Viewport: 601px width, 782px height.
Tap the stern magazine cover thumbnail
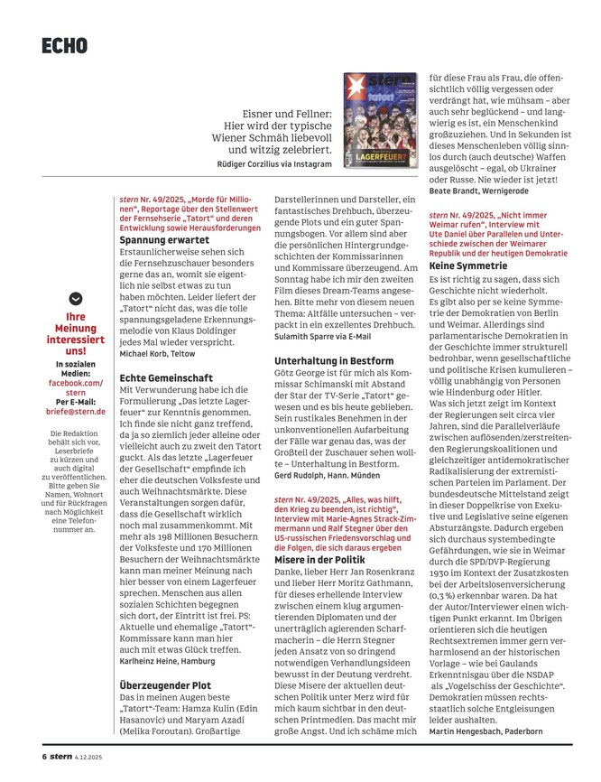tap(380, 121)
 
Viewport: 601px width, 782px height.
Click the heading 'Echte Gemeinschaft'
tap(166, 379)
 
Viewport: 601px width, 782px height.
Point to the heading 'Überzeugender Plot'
tap(166, 685)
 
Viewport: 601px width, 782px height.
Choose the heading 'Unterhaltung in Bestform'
tap(334, 361)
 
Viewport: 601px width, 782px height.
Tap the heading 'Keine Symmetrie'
tap(467, 267)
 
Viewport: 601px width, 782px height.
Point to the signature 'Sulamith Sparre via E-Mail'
tap(322, 336)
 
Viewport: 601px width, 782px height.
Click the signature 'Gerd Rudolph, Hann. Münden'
tap(328, 474)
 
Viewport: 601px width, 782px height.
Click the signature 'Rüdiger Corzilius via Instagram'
tap(275, 164)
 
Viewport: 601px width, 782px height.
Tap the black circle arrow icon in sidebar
tap(75, 297)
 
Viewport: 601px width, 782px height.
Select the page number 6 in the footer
tap(42, 756)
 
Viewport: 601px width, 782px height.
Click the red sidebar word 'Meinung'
tap(75, 329)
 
